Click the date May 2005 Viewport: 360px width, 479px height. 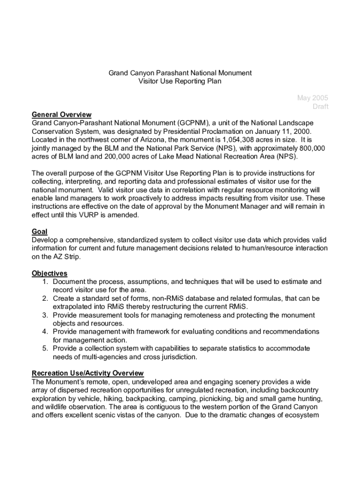click(312, 98)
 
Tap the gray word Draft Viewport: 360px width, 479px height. click(320, 106)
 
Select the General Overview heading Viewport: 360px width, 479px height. click(61, 115)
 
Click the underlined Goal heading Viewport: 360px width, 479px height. click(39, 232)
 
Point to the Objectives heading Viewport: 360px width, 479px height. click(50, 273)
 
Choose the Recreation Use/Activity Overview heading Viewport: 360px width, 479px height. click(87, 373)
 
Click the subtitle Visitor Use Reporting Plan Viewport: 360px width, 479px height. click(180, 81)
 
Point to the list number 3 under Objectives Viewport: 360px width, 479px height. click(45, 315)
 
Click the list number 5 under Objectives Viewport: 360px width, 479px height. click(45, 348)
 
